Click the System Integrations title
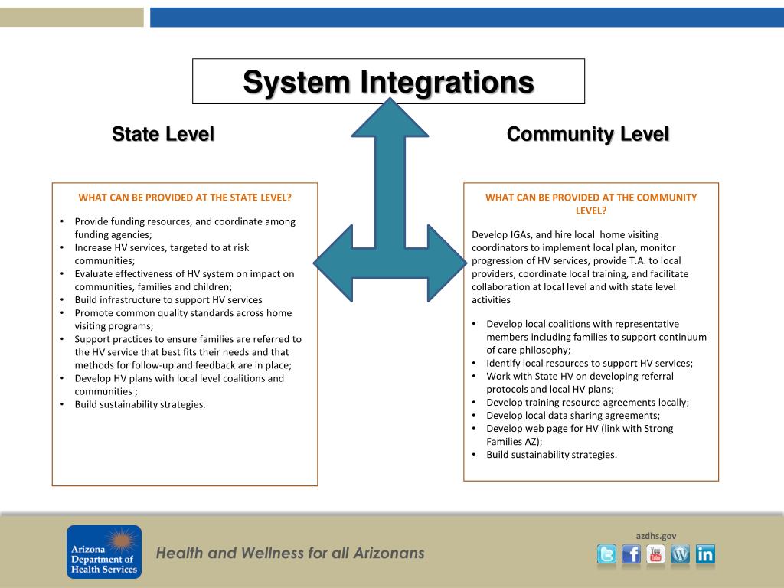click(388, 81)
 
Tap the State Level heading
click(163, 134)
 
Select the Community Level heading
click(587, 134)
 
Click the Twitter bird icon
click(606, 554)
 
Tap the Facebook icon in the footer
click(631, 554)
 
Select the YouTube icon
click(655, 554)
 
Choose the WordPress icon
click(680, 554)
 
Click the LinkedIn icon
click(705, 554)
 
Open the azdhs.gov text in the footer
click(656, 536)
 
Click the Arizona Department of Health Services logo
click(104, 551)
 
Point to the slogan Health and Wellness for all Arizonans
click(290, 553)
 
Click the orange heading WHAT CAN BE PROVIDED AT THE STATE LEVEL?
click(185, 198)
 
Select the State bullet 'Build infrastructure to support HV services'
click(168, 300)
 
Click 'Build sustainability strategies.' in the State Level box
click(140, 405)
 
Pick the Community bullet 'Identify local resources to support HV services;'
click(590, 364)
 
